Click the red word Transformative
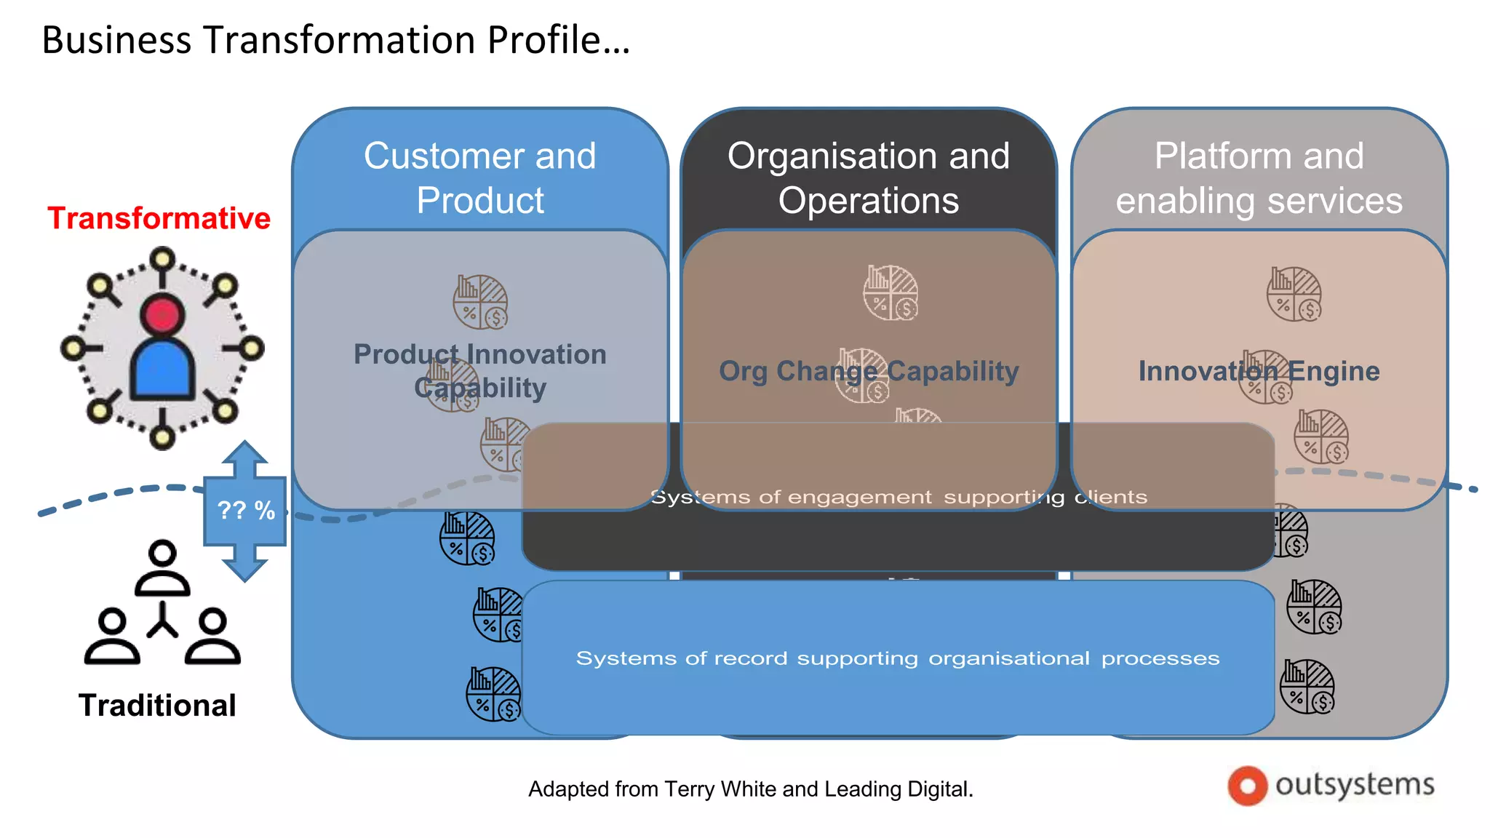click(159, 218)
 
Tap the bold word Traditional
click(157, 705)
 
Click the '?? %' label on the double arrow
click(246, 510)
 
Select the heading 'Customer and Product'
click(480, 177)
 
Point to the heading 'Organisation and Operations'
click(869, 177)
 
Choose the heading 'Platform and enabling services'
click(1259, 177)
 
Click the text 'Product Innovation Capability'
click(480, 370)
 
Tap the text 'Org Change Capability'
click(869, 371)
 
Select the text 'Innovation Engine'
click(1259, 371)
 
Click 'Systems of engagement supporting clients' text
click(899, 498)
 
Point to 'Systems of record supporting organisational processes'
click(898, 658)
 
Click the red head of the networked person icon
click(162, 315)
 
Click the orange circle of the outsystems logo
click(1247, 786)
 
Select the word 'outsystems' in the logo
click(1355, 785)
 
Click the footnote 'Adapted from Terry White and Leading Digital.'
click(751, 789)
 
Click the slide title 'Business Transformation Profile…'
click(335, 40)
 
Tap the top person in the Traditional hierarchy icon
click(162, 567)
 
